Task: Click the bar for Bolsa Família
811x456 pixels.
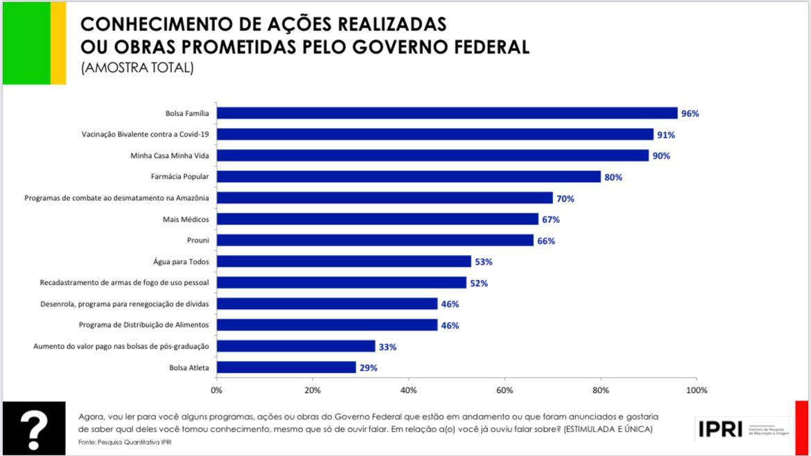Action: [x=447, y=113]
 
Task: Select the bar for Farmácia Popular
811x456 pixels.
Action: [x=409, y=177]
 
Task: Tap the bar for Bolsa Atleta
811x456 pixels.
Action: [x=286, y=367]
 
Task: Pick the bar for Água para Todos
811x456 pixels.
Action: [x=344, y=261]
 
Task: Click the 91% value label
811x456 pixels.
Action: [x=666, y=134]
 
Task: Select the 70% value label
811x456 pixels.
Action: [x=565, y=198]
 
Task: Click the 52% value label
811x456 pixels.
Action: [x=478, y=283]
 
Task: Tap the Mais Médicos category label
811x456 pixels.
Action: [x=189, y=219]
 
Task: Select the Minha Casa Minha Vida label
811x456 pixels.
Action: [x=170, y=155]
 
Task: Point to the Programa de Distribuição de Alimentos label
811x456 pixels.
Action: [x=144, y=325]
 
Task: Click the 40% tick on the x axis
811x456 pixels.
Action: [x=408, y=390]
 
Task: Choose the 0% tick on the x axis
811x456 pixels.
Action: [x=217, y=390]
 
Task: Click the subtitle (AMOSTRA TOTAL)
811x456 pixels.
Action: [x=137, y=68]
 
